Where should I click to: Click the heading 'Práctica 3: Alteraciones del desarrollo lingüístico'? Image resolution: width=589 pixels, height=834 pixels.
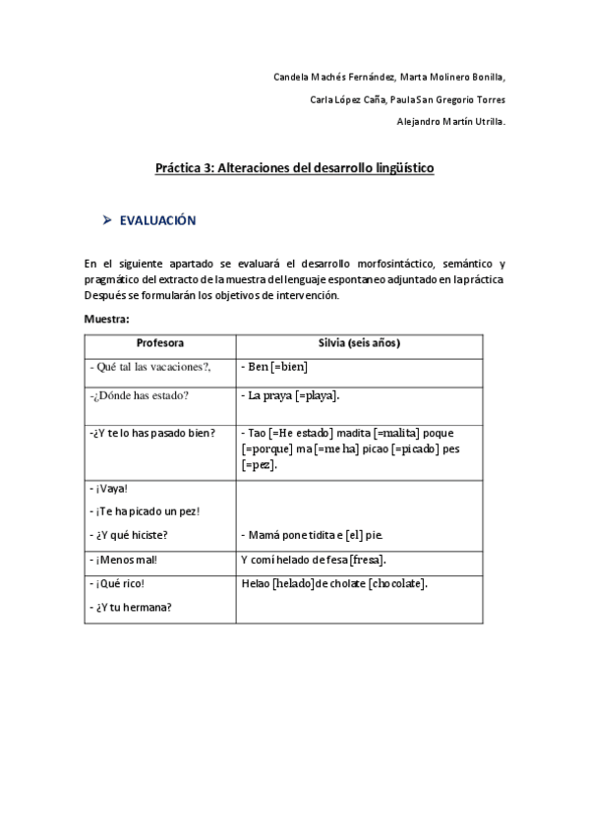click(x=294, y=168)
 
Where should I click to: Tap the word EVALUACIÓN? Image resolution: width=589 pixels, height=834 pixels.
click(x=157, y=221)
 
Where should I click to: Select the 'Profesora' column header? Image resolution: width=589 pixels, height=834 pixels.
click(x=159, y=343)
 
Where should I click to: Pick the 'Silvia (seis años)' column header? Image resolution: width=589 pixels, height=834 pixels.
click(x=359, y=343)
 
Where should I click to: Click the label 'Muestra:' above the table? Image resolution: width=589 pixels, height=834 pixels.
click(x=107, y=318)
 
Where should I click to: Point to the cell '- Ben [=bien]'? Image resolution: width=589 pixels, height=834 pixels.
click(x=274, y=367)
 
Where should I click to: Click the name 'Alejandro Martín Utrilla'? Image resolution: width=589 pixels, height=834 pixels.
click(x=450, y=122)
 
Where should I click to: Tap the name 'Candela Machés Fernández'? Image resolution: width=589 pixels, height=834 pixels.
click(x=332, y=77)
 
